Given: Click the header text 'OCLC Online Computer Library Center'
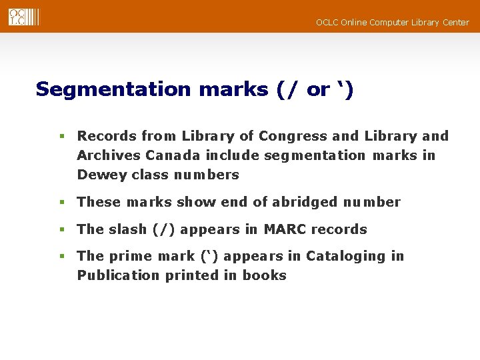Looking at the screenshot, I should tap(392, 23).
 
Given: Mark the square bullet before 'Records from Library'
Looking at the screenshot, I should tap(61, 136).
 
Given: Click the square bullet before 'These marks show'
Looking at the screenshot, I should tap(61, 202).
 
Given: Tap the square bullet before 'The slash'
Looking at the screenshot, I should tap(61, 229).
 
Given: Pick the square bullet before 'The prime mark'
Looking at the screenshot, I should tap(61, 256).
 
